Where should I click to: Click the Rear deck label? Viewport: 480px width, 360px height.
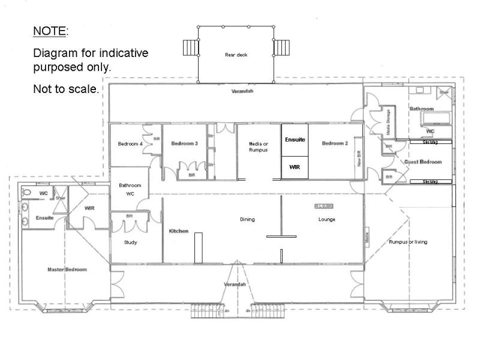[236, 55]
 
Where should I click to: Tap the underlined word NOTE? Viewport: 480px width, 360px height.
[50, 31]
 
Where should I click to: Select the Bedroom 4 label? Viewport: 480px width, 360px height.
[130, 144]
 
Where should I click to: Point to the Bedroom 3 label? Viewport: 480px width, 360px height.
[184, 143]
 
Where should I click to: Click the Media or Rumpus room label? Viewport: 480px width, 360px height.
[259, 146]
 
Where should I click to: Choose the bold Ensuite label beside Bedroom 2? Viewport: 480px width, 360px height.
[295, 140]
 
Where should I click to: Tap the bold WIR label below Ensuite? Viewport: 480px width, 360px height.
[294, 167]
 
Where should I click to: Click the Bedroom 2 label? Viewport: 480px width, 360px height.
[335, 143]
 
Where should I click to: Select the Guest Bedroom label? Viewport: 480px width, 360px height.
[423, 162]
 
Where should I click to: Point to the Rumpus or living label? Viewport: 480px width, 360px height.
[408, 242]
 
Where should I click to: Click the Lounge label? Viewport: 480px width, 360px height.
[326, 220]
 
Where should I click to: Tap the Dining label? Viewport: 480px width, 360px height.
[247, 220]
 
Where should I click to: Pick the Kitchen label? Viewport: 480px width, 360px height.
[179, 231]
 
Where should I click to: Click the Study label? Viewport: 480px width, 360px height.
[130, 242]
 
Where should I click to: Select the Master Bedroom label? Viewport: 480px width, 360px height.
[67, 269]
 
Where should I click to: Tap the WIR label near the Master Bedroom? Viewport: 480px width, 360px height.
[90, 208]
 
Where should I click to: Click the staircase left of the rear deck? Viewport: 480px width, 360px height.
[190, 47]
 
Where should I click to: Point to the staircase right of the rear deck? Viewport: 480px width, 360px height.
[281, 47]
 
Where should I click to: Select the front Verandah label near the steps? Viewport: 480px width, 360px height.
[235, 284]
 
